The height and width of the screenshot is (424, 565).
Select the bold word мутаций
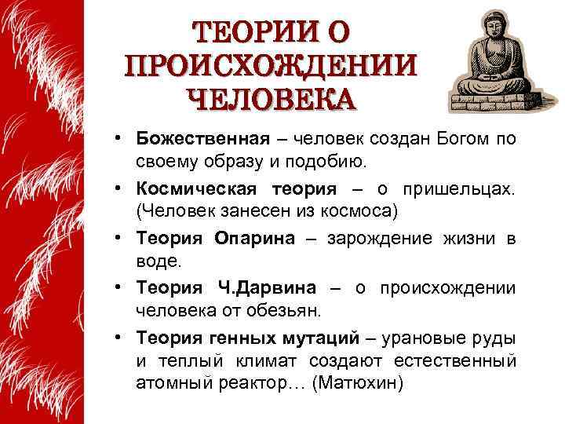click(x=319, y=338)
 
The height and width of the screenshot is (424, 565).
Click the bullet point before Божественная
click(x=115, y=140)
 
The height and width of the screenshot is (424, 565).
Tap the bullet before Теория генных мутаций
click(x=115, y=338)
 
